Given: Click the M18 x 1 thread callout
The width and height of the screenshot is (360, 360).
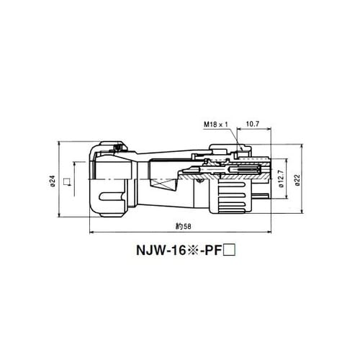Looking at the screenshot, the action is (216, 125).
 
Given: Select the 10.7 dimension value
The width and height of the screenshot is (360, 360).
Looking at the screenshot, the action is (253, 124).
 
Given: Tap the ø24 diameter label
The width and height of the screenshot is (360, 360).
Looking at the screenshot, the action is (53, 181).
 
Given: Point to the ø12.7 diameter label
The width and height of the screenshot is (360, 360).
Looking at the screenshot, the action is (281, 179).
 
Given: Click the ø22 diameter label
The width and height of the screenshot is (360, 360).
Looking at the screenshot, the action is (297, 180).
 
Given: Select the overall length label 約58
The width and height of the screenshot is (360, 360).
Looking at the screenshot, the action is (184, 226).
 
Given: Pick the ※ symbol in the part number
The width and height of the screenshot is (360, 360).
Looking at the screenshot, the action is (192, 251).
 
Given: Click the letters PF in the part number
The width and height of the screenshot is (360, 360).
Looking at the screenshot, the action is (212, 251).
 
